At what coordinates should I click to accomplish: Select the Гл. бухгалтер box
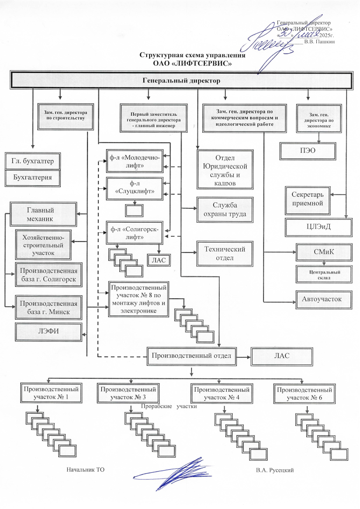pos(32,161)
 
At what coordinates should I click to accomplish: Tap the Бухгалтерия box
pos(32,177)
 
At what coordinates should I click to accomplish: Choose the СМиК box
pos(323,252)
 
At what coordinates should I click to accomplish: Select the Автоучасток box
pos(324,299)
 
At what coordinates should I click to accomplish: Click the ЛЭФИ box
pos(48,332)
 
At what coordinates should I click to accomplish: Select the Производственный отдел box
pos(191,355)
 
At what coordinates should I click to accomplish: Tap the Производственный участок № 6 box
pos(303,394)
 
